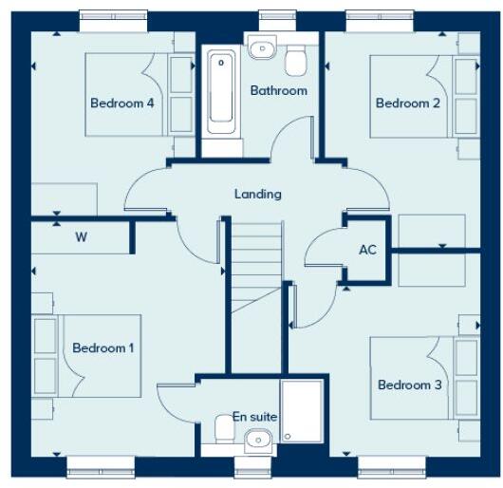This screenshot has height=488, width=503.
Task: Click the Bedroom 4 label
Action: click(122, 103)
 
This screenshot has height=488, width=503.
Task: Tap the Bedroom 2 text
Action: click(408, 103)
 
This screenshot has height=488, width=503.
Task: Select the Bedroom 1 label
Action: click(102, 348)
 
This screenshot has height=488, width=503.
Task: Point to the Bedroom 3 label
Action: click(410, 385)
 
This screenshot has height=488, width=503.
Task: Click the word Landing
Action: click(258, 194)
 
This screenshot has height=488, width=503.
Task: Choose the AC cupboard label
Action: click(369, 251)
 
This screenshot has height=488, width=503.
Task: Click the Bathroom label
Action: click(278, 91)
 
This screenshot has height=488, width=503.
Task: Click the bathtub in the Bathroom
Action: click(221, 90)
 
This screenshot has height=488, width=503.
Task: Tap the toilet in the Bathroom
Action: click(298, 59)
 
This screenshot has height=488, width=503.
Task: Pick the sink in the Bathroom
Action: click(262, 47)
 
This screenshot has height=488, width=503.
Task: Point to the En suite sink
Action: click(256, 439)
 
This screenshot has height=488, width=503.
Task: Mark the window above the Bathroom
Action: click(275, 16)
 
